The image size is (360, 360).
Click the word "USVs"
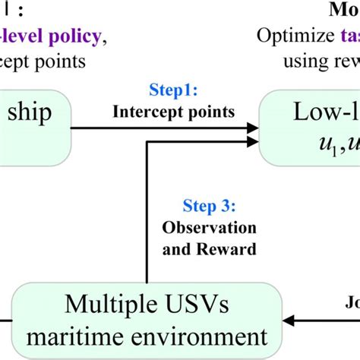[x=210, y=305]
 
